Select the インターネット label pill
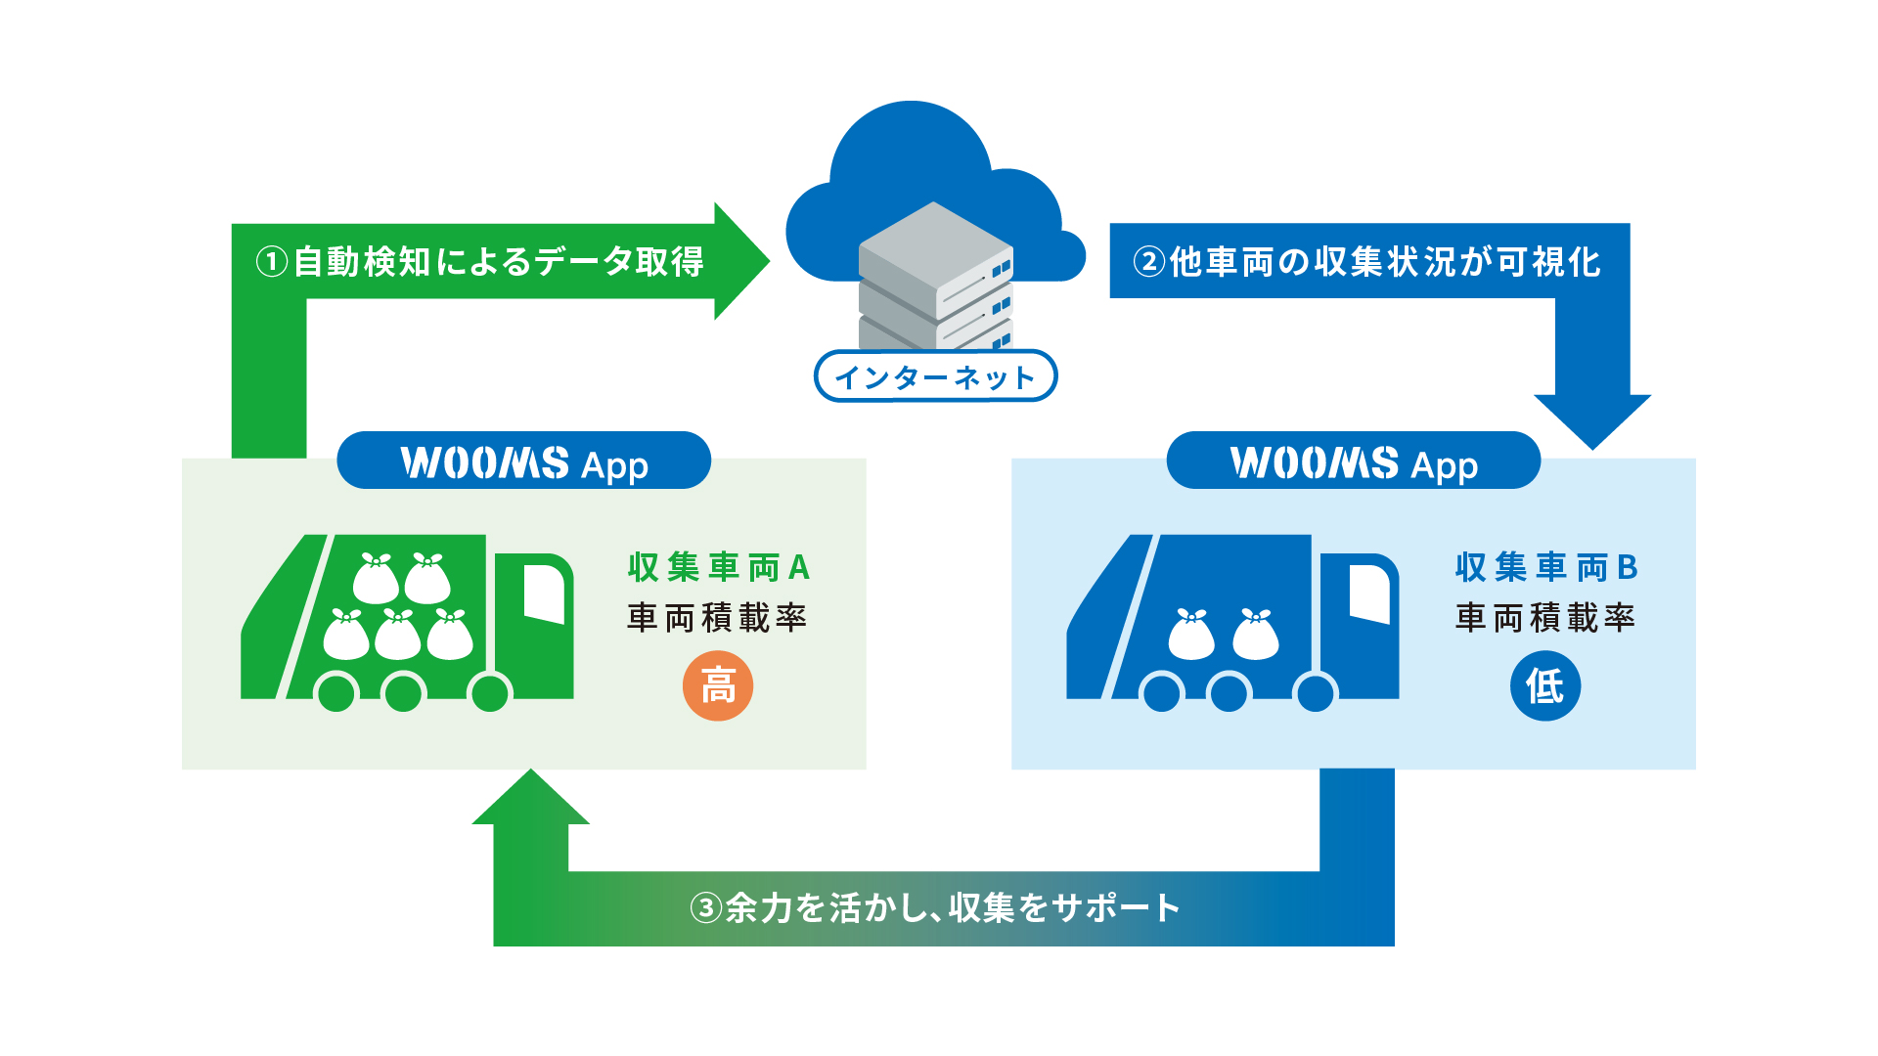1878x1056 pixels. point(935,376)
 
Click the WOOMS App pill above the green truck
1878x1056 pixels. point(523,461)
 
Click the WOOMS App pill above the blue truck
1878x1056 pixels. point(1353,461)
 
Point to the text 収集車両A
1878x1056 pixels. point(718,567)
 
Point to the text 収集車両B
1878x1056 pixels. point(1545,567)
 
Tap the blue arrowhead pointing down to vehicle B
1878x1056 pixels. point(1592,419)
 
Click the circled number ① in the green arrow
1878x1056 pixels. point(272,262)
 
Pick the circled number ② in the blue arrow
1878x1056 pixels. point(1149,262)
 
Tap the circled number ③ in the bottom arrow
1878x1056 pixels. point(706,908)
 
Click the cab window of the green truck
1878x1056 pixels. point(544,592)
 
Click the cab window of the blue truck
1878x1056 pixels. point(1369,592)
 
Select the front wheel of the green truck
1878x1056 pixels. point(490,693)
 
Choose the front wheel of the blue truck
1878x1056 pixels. point(1316,693)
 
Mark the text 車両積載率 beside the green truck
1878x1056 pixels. point(717,618)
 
